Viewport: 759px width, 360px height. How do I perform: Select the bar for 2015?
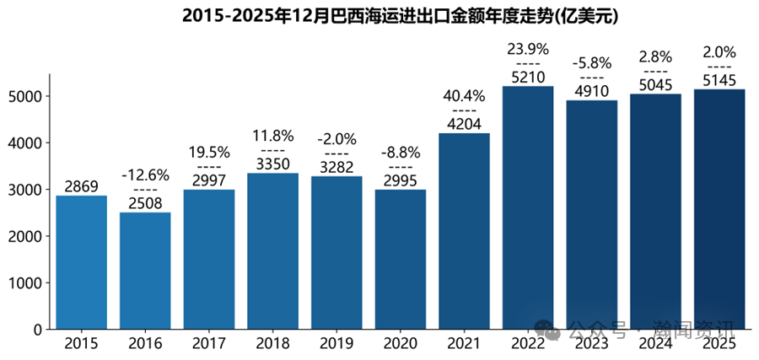click(x=82, y=262)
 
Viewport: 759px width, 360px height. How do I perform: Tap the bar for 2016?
click(x=145, y=271)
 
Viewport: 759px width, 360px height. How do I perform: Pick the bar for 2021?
click(x=464, y=231)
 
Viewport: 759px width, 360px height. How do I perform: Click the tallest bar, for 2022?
click(x=528, y=207)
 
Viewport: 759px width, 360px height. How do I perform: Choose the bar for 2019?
click(x=336, y=253)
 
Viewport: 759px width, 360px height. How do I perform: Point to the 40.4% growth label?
click(x=464, y=96)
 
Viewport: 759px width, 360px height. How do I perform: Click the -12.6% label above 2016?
click(x=145, y=175)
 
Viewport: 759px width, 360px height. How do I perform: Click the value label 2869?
click(x=82, y=185)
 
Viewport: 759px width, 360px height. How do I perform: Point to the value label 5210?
click(x=528, y=77)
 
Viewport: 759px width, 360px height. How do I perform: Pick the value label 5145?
click(x=719, y=80)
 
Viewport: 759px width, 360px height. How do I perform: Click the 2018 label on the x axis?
click(x=272, y=344)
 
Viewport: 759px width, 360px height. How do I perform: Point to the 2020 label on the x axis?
click(x=401, y=344)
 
